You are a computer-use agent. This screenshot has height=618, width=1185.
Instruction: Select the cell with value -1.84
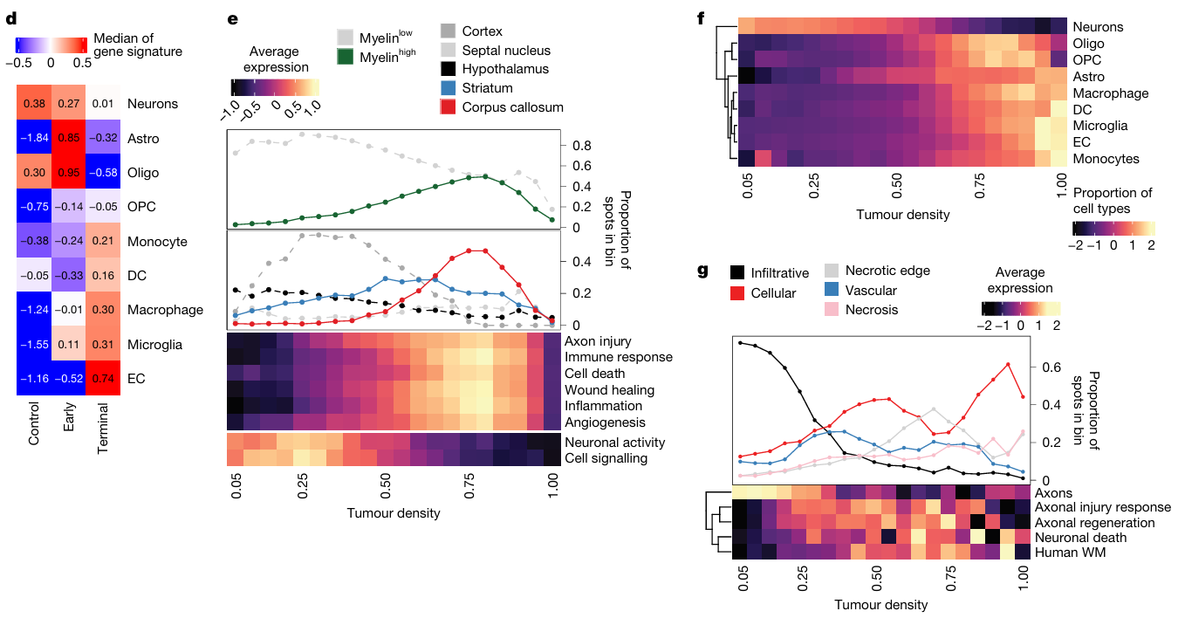click(x=33, y=138)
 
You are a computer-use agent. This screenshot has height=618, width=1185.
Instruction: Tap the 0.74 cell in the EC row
click(x=102, y=378)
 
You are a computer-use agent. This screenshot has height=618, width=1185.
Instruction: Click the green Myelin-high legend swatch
click(x=346, y=58)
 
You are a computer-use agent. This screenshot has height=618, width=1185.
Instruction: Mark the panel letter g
click(x=702, y=269)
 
